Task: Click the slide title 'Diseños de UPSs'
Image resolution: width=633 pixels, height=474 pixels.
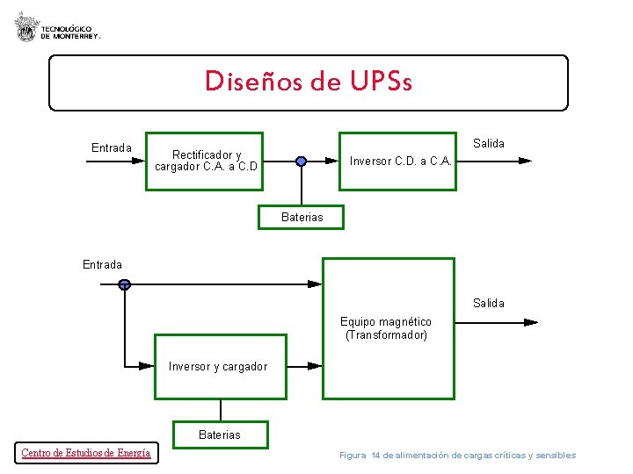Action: tap(309, 82)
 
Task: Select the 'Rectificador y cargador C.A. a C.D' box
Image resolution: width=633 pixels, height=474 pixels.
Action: tap(206, 161)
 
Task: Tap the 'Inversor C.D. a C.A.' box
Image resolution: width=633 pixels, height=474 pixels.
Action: tap(400, 161)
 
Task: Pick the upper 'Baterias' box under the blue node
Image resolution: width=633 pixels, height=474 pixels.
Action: tap(302, 217)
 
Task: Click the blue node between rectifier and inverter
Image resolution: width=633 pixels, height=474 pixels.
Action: tap(301, 161)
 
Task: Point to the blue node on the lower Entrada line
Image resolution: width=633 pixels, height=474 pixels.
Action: tap(125, 284)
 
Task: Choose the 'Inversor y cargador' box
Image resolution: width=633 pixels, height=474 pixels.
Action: tap(220, 366)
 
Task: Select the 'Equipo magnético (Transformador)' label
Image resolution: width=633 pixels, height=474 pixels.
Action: tap(387, 328)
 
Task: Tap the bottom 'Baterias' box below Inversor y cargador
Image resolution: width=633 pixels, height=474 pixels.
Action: tap(219, 434)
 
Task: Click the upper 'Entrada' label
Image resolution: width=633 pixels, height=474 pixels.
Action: tap(112, 147)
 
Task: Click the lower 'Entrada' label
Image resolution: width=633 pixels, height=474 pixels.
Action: tap(103, 264)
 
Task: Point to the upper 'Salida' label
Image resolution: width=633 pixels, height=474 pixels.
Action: tap(489, 143)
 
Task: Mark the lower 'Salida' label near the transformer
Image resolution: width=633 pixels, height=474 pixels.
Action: tap(489, 303)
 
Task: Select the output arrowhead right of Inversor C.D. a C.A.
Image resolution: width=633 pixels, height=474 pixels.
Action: tap(525, 162)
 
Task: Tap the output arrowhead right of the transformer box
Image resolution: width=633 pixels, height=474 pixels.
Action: tap(530, 322)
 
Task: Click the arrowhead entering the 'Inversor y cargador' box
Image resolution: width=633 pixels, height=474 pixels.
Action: tap(146, 366)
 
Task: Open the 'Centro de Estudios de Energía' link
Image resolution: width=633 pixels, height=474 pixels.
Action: tap(85, 453)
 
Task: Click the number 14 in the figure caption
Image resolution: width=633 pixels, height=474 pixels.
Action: tap(375, 455)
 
